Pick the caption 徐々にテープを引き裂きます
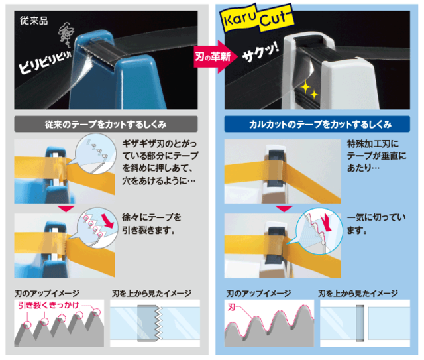(152, 223)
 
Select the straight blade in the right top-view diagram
(360, 324)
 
